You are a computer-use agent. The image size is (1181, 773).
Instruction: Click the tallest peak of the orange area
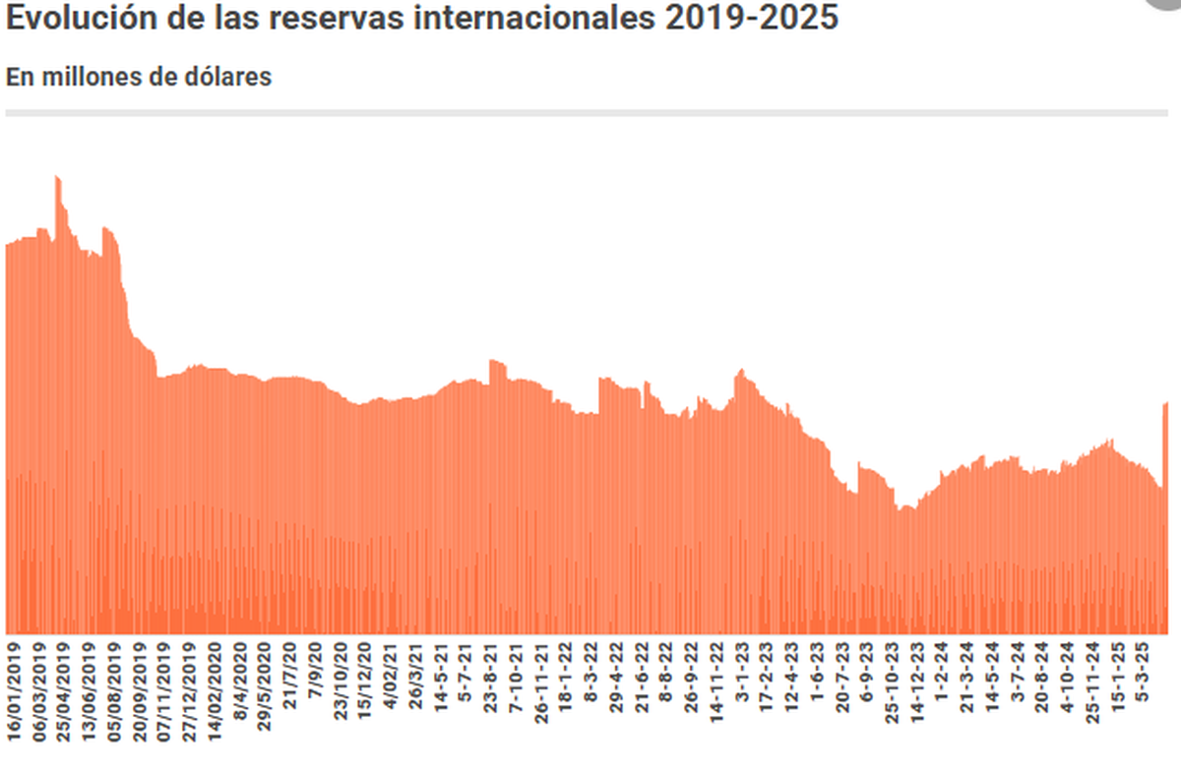click(57, 180)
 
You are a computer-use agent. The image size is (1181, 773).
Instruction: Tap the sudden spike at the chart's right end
click(1166, 405)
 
